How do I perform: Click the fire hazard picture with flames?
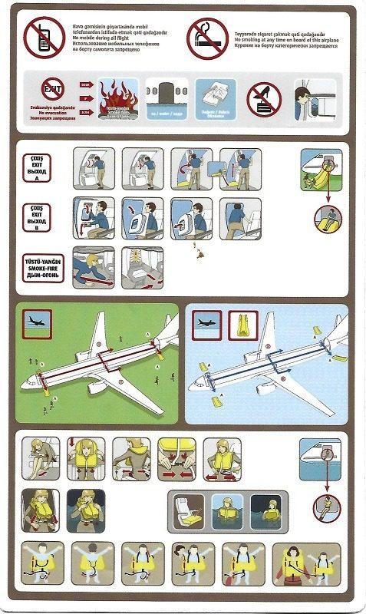pos(114,97)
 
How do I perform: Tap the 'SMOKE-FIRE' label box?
pos(42,266)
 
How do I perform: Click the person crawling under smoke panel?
pos(93,266)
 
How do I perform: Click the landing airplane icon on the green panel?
pos(38,323)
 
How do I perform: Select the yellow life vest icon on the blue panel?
pos(236,324)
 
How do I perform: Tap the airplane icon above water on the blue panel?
pos(207,324)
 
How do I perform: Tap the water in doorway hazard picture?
pos(166,96)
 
